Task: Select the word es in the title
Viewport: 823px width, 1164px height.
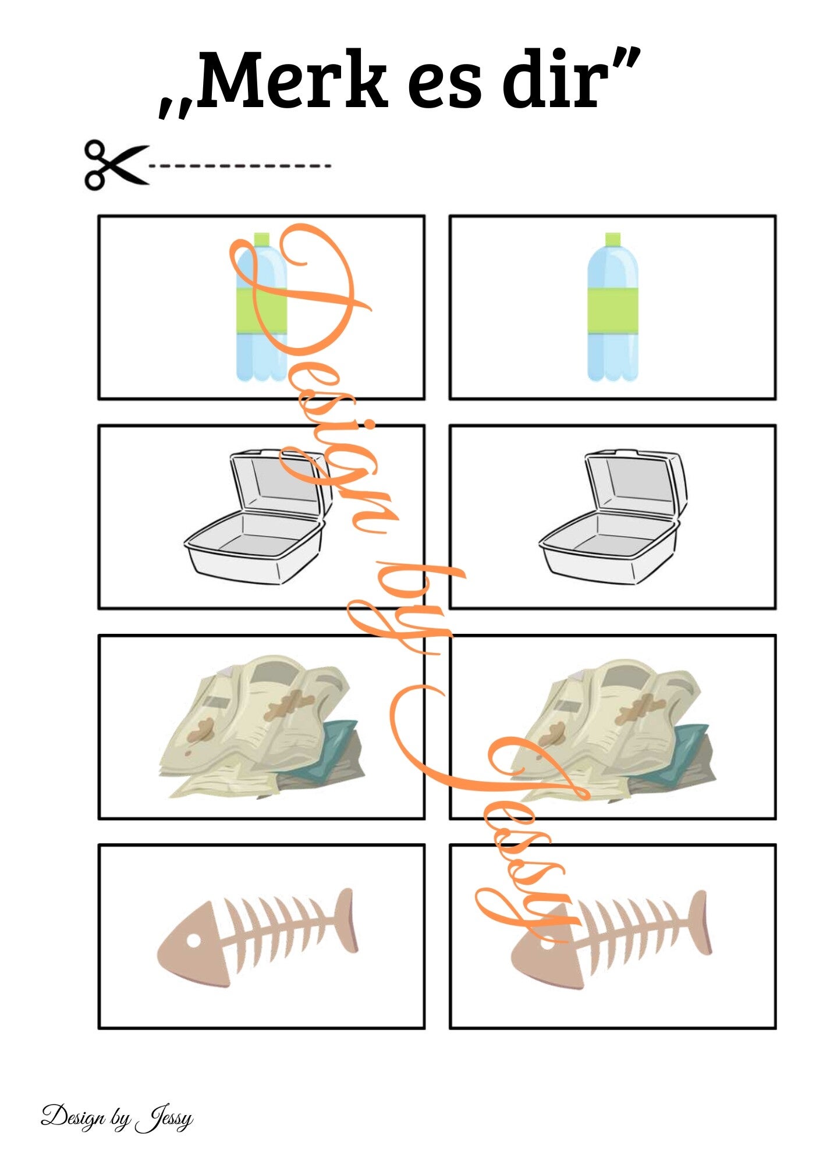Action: tap(445, 88)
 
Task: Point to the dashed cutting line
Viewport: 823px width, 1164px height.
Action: tap(240, 166)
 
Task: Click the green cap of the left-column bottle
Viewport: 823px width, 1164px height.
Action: tap(262, 239)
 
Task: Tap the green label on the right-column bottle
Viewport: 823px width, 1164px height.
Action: tap(613, 310)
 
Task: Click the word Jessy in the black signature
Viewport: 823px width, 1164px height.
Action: tap(164, 1120)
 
